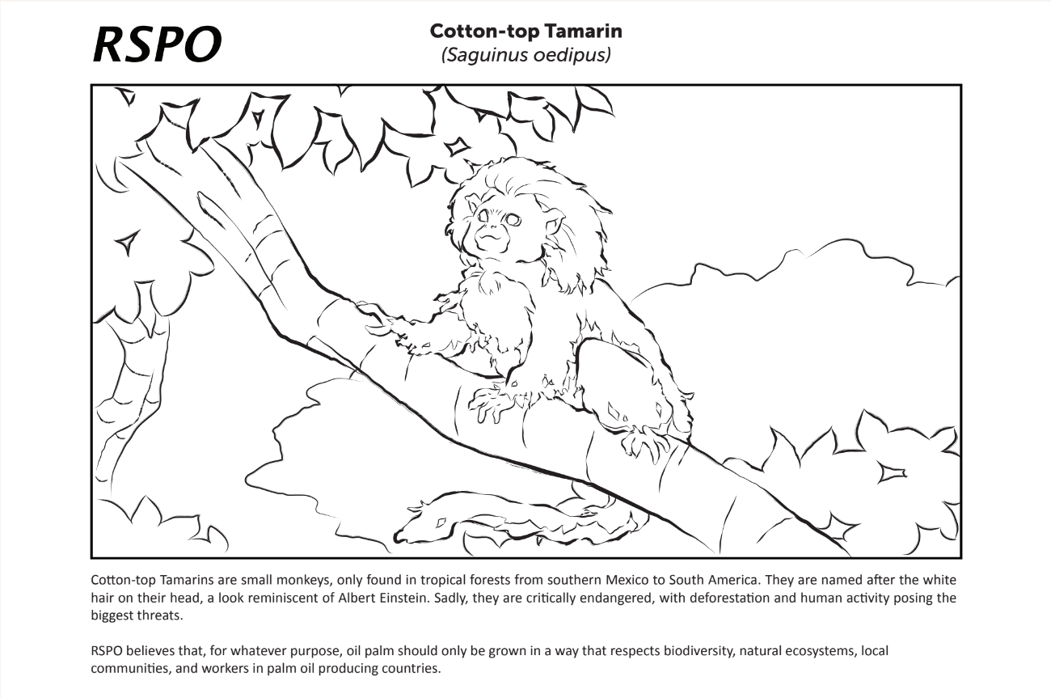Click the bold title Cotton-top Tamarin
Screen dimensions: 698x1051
tap(525, 32)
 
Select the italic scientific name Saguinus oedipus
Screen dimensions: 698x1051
tap(525, 55)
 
